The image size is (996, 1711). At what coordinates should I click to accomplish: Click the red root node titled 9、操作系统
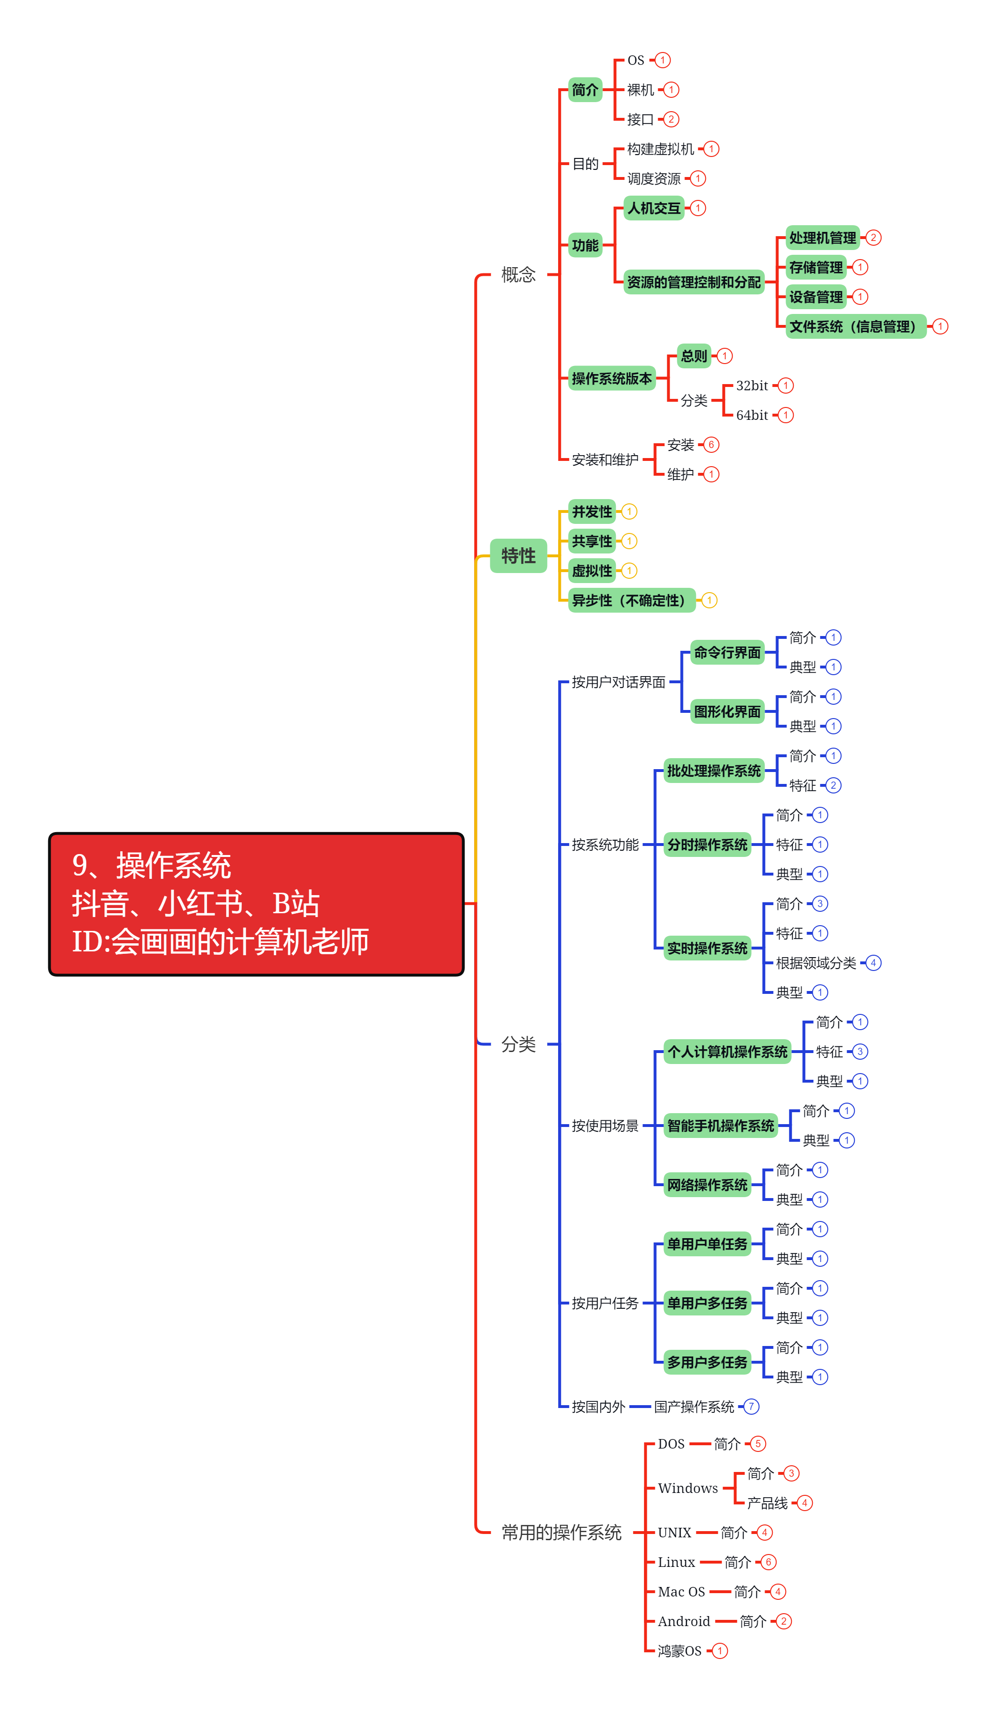click(x=256, y=904)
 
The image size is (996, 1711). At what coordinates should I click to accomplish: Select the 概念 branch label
click(x=518, y=275)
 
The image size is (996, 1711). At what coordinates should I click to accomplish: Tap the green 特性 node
click(x=518, y=556)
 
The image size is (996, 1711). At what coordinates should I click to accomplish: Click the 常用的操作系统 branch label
click(x=561, y=1533)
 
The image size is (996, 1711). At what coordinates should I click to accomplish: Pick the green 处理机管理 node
click(x=822, y=238)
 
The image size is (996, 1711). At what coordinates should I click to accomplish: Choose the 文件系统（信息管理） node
click(x=855, y=326)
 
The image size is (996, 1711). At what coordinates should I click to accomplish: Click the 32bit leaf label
click(x=752, y=386)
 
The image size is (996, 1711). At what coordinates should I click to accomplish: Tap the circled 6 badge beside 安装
click(x=711, y=445)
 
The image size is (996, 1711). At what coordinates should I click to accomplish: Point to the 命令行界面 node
click(x=727, y=653)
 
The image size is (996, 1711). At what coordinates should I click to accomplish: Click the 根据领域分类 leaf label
click(x=815, y=963)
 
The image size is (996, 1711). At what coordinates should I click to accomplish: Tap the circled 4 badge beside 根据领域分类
click(x=873, y=963)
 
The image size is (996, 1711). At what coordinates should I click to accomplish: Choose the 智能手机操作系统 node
click(x=720, y=1126)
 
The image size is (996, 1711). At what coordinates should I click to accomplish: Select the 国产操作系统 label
click(x=694, y=1407)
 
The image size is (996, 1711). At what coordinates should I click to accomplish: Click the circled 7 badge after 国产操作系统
click(x=751, y=1407)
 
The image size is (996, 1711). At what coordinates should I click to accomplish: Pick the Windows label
click(x=687, y=1488)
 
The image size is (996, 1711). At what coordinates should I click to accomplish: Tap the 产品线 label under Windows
click(x=767, y=1503)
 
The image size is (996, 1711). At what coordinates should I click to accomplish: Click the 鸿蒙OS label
click(x=679, y=1651)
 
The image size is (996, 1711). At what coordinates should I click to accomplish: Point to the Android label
click(x=684, y=1621)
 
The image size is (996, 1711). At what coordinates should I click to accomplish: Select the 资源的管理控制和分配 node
click(x=693, y=282)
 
